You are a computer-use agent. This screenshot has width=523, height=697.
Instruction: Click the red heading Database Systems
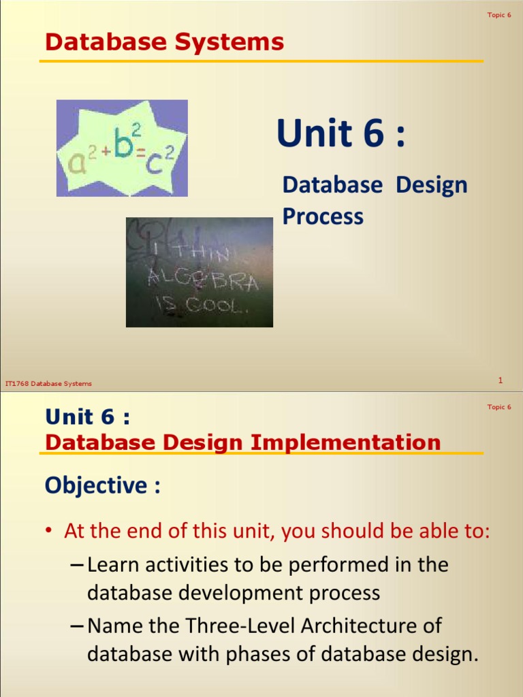tap(164, 42)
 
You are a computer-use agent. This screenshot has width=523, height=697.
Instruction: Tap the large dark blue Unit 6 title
tap(340, 133)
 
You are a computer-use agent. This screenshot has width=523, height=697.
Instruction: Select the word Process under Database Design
tap(323, 216)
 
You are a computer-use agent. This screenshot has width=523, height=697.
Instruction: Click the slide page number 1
tap(500, 380)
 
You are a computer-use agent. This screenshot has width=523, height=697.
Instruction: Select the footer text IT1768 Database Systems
tap(48, 384)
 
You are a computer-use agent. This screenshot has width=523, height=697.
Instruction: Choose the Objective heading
tap(103, 485)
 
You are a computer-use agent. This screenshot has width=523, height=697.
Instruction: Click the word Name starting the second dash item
tap(116, 626)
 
